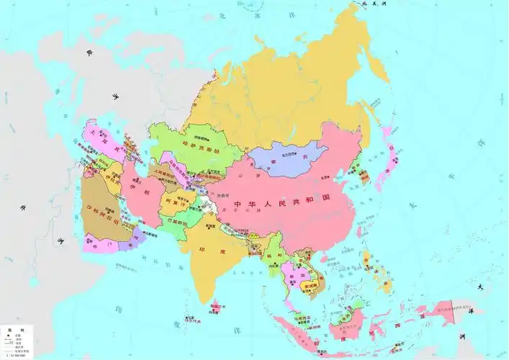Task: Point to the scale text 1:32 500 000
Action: pos(15,356)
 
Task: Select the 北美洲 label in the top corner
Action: pos(374,4)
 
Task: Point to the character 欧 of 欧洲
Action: pos(89,53)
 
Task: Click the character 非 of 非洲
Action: pos(22,207)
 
